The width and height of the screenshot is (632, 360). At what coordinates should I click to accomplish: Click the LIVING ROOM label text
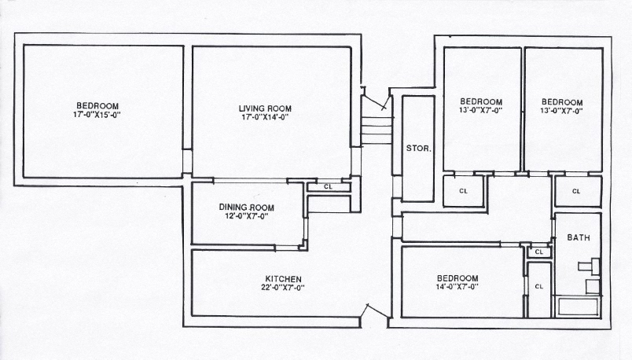[265, 108]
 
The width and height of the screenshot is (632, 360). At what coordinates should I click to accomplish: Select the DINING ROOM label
[244, 207]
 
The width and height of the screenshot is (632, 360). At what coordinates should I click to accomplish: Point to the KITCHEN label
[284, 279]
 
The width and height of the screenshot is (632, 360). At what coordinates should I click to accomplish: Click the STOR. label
[417, 148]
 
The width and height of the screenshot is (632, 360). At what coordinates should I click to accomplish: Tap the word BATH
[578, 237]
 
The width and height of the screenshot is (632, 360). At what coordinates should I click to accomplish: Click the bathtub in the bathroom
[578, 306]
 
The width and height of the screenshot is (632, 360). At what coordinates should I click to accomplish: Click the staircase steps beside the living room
[376, 130]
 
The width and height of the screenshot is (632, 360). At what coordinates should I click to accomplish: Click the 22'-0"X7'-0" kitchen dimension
[284, 288]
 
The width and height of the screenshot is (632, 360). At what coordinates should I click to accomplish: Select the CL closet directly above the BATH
[576, 191]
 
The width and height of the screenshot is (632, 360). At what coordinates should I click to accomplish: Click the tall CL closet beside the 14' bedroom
[538, 287]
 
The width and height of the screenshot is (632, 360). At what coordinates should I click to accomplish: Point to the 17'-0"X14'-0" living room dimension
[265, 118]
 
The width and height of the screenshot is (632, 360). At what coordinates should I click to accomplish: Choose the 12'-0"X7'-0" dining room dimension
[244, 216]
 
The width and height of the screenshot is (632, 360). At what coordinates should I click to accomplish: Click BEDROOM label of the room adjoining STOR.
[480, 102]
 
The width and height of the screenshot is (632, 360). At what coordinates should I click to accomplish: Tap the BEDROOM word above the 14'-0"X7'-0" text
[457, 278]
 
